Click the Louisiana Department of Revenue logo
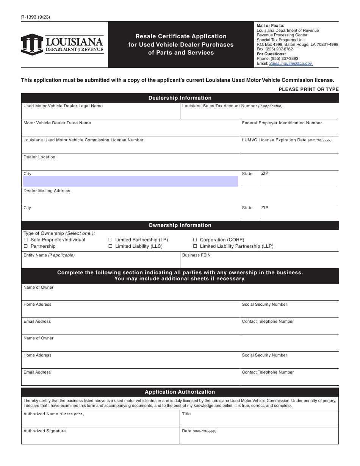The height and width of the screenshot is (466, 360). [63, 44]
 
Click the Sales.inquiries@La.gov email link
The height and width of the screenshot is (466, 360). [291, 64]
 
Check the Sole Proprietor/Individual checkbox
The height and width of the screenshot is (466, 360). [26, 240]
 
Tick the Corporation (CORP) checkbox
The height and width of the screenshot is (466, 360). [195, 240]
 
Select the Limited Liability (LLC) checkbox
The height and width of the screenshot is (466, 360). [111, 246]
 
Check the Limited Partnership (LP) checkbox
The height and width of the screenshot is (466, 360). [111, 240]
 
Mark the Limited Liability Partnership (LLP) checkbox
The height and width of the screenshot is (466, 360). [195, 246]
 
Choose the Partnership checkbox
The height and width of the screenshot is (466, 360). [26, 246]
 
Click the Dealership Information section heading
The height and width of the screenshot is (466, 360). [180, 98]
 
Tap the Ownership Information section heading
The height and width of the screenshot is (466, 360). [180, 225]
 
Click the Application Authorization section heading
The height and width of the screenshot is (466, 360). [180, 392]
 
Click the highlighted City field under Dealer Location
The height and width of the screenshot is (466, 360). [130, 181]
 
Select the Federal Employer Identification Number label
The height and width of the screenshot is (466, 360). [282, 123]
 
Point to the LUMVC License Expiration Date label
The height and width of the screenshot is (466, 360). [286, 140]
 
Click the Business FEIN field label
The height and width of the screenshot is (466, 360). [196, 255]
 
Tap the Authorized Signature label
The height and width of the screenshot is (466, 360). [44, 431]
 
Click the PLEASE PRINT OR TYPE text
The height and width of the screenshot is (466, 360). [308, 89]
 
